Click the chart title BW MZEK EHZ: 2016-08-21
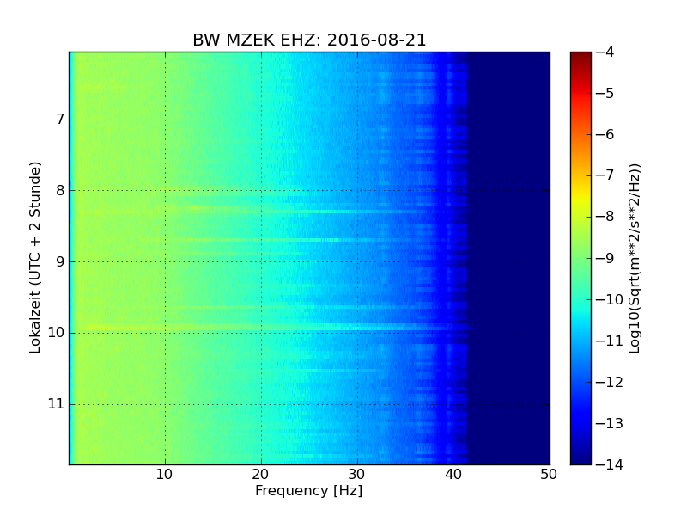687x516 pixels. pyautogui.click(x=309, y=40)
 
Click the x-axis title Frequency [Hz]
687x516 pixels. pyautogui.click(x=308, y=491)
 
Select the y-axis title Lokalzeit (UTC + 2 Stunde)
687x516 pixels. pyautogui.click(x=36, y=258)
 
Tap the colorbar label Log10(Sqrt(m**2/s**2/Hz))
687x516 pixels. pyautogui.click(x=635, y=258)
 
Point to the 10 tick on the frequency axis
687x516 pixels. pyautogui.click(x=165, y=474)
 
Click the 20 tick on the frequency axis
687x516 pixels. pyautogui.click(x=261, y=474)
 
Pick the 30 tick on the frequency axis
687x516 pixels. pyautogui.click(x=357, y=474)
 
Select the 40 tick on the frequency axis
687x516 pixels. pyautogui.click(x=453, y=474)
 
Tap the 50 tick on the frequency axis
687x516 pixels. pyautogui.click(x=549, y=474)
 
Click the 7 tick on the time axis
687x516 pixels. pyautogui.click(x=59, y=119)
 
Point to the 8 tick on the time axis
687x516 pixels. pyautogui.click(x=59, y=190)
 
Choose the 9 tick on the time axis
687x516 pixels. pyautogui.click(x=59, y=261)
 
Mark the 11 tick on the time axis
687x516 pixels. pyautogui.click(x=58, y=403)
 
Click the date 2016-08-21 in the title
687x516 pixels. pyautogui.click(x=376, y=40)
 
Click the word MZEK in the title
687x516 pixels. pyautogui.click(x=249, y=40)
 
